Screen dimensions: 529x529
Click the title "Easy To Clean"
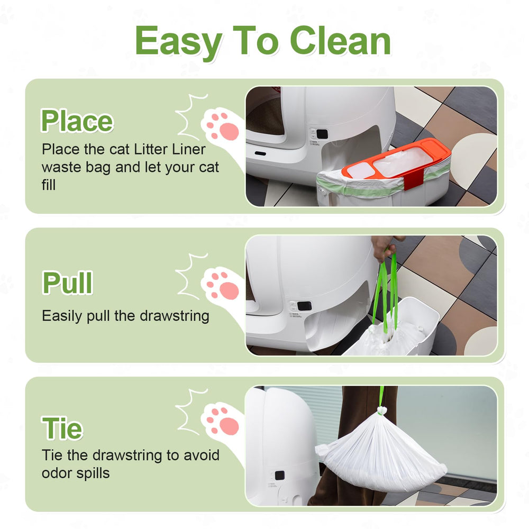263,41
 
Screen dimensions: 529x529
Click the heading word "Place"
77,121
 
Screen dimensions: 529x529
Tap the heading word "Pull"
67,283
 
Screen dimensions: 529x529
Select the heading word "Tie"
62,428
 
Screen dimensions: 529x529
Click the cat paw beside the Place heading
222,125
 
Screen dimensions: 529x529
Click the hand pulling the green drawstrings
385,246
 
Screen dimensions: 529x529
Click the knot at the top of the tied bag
381,410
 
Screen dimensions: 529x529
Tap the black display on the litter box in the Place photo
314,133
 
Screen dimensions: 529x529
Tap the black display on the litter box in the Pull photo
304,306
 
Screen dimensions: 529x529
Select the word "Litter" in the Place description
148,149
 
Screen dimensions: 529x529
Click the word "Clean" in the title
340,41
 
